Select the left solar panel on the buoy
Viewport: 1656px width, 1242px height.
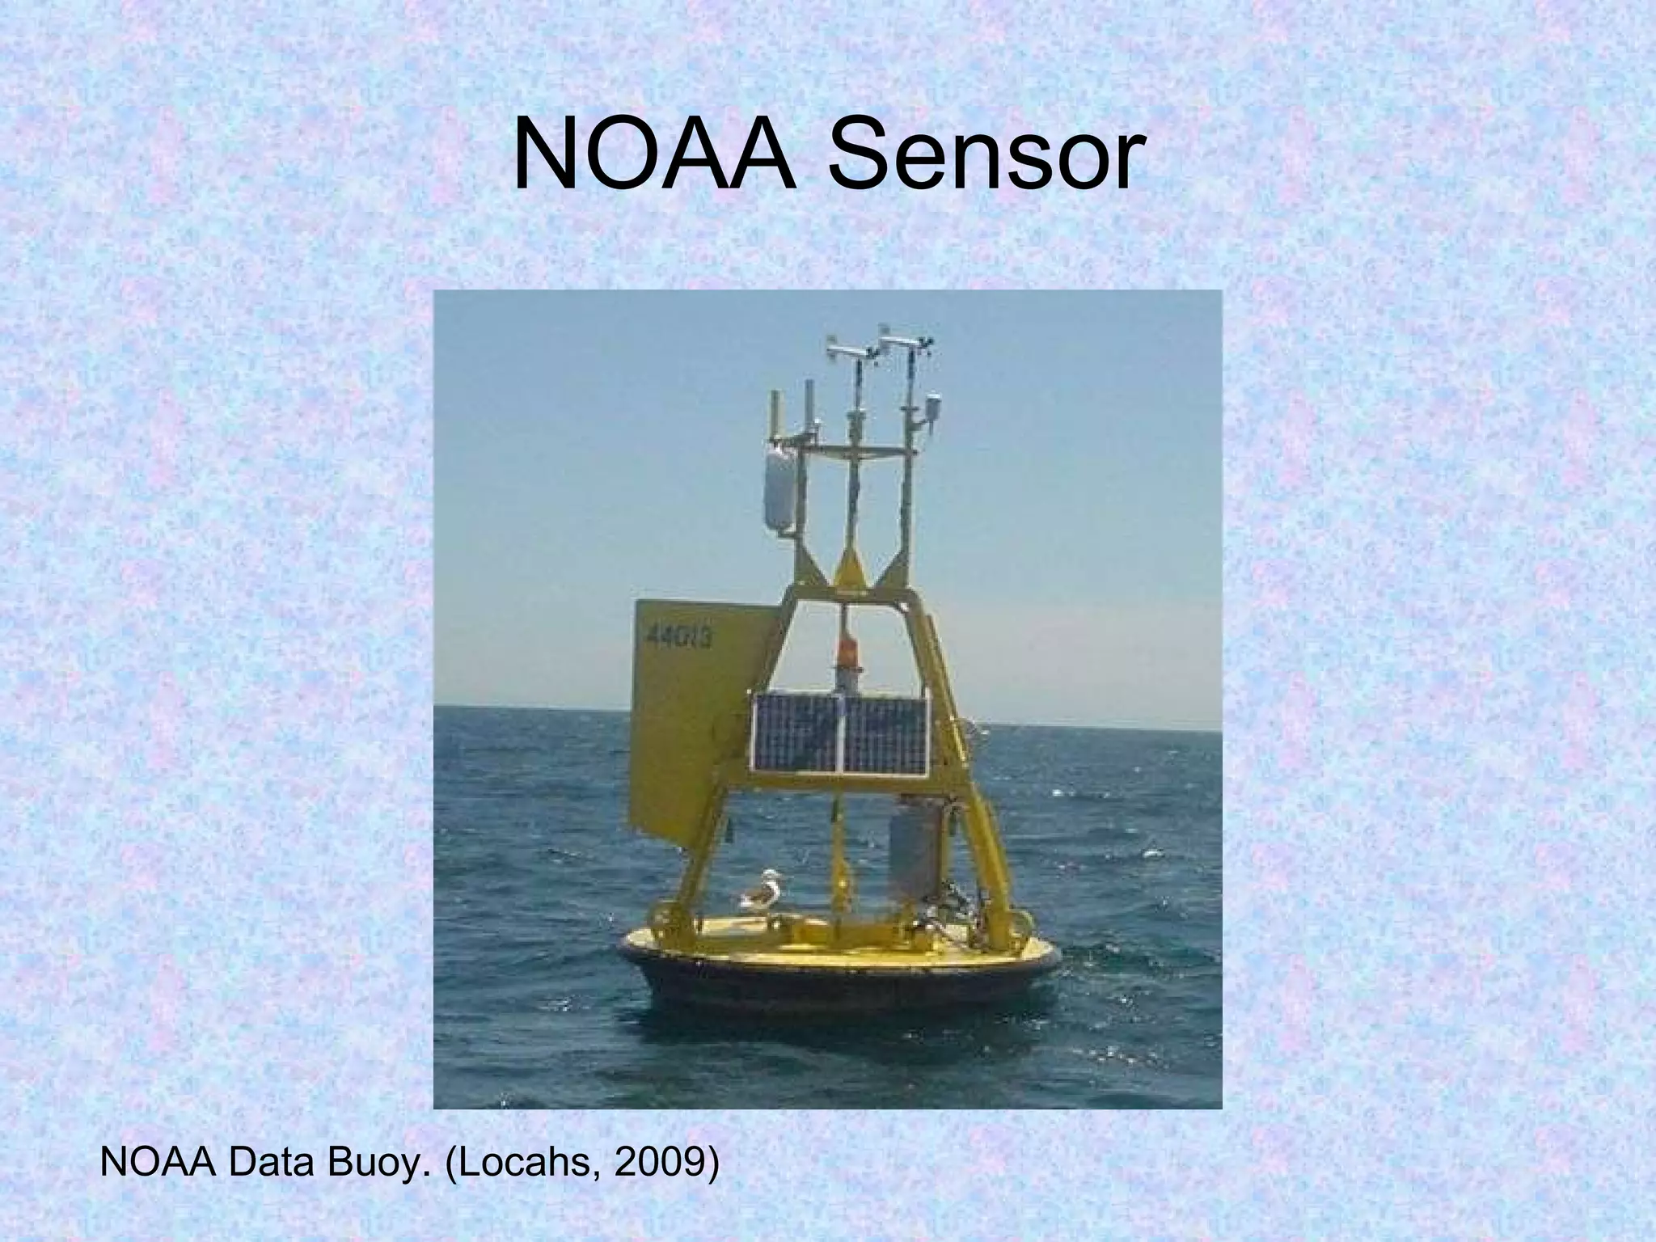[x=797, y=733]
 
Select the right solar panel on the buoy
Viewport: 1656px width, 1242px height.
[x=887, y=733]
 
